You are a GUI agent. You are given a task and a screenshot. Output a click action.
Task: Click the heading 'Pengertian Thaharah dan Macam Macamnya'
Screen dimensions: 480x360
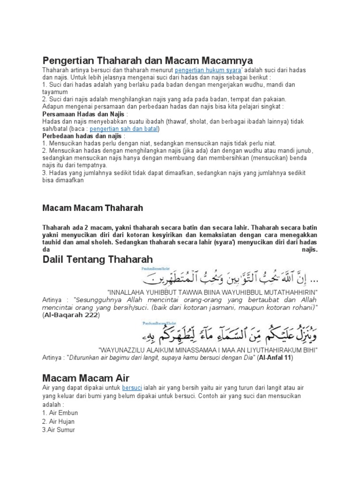click(x=148, y=61)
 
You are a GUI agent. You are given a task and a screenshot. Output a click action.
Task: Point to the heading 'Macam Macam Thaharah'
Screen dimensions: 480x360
click(x=93, y=207)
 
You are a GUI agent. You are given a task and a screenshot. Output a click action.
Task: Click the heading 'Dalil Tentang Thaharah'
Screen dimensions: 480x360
click(x=97, y=260)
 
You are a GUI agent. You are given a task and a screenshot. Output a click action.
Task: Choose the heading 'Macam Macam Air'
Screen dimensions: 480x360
click(x=86, y=378)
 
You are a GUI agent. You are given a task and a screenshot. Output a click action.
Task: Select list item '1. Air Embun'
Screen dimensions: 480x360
click(x=60, y=412)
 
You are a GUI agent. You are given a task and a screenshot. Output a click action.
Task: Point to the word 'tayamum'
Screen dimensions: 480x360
click(x=55, y=92)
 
